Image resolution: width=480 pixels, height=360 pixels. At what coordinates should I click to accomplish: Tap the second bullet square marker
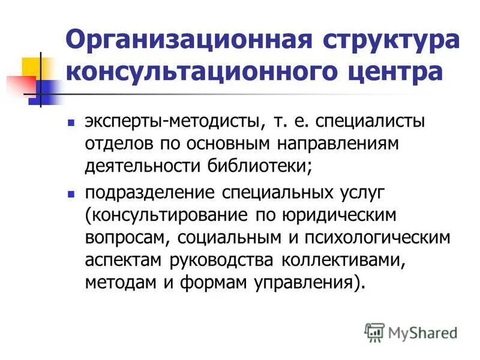70,194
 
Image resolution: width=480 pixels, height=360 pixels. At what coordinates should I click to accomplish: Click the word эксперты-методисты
172,122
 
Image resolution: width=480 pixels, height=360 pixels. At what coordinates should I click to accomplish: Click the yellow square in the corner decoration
30,68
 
